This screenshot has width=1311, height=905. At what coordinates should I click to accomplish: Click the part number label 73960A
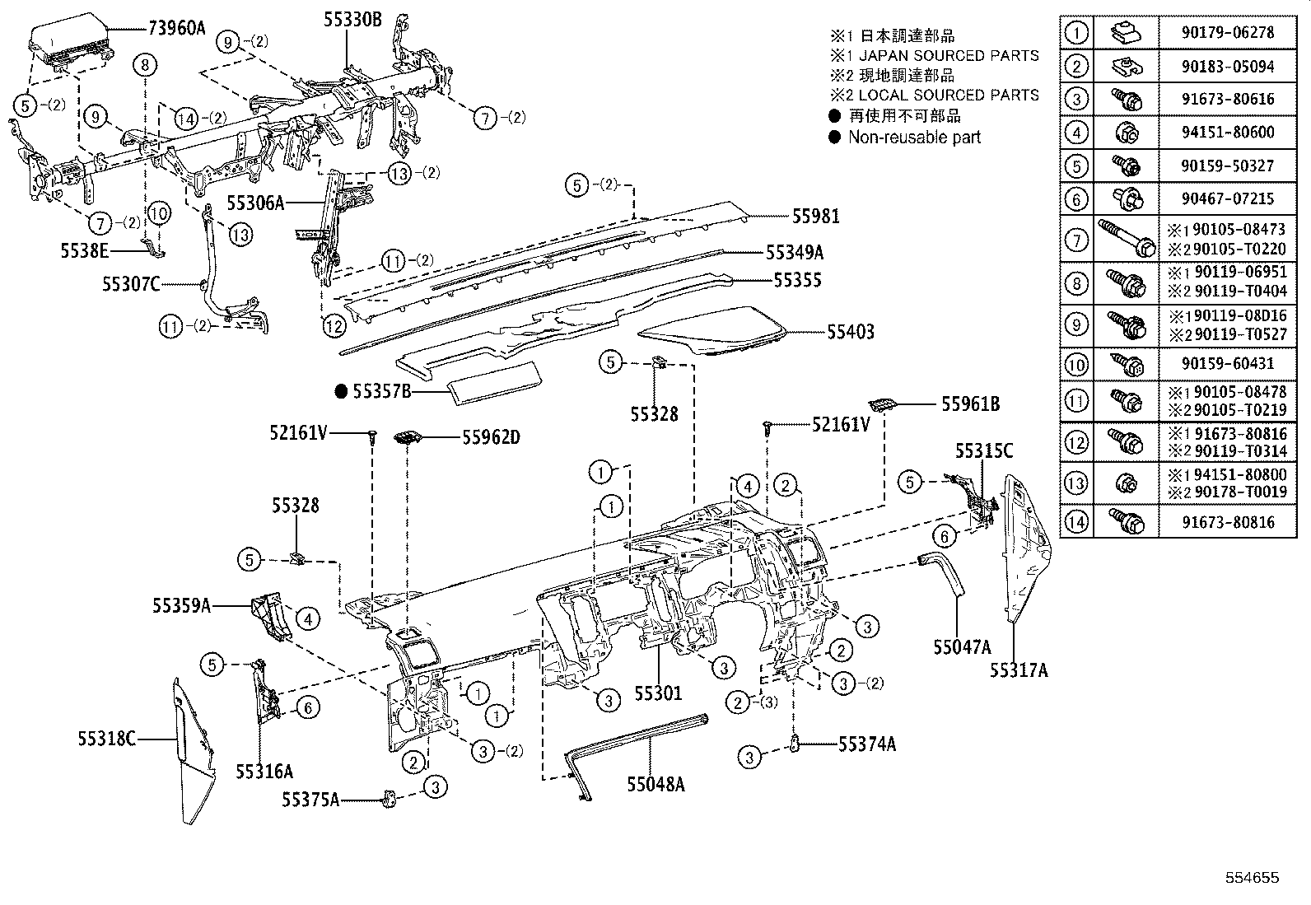pos(176,27)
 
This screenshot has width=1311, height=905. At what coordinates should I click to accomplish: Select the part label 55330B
pos(353,19)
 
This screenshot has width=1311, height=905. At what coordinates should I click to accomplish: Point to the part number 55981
pos(815,217)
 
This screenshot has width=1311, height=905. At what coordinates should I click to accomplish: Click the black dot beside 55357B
pos(342,392)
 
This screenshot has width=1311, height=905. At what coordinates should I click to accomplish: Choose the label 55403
pos(851,332)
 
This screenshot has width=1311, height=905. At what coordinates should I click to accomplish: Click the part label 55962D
pos(490,437)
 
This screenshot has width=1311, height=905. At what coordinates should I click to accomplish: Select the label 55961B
pos(970,404)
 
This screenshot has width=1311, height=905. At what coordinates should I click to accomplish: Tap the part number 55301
pos(657,693)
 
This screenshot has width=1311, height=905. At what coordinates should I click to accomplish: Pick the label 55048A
pos(655,784)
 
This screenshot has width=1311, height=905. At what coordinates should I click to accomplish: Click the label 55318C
pos(107,739)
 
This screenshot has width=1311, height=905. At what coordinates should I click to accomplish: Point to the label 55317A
pos(1019,670)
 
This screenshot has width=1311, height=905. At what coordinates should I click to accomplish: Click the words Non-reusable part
pos(914,138)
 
